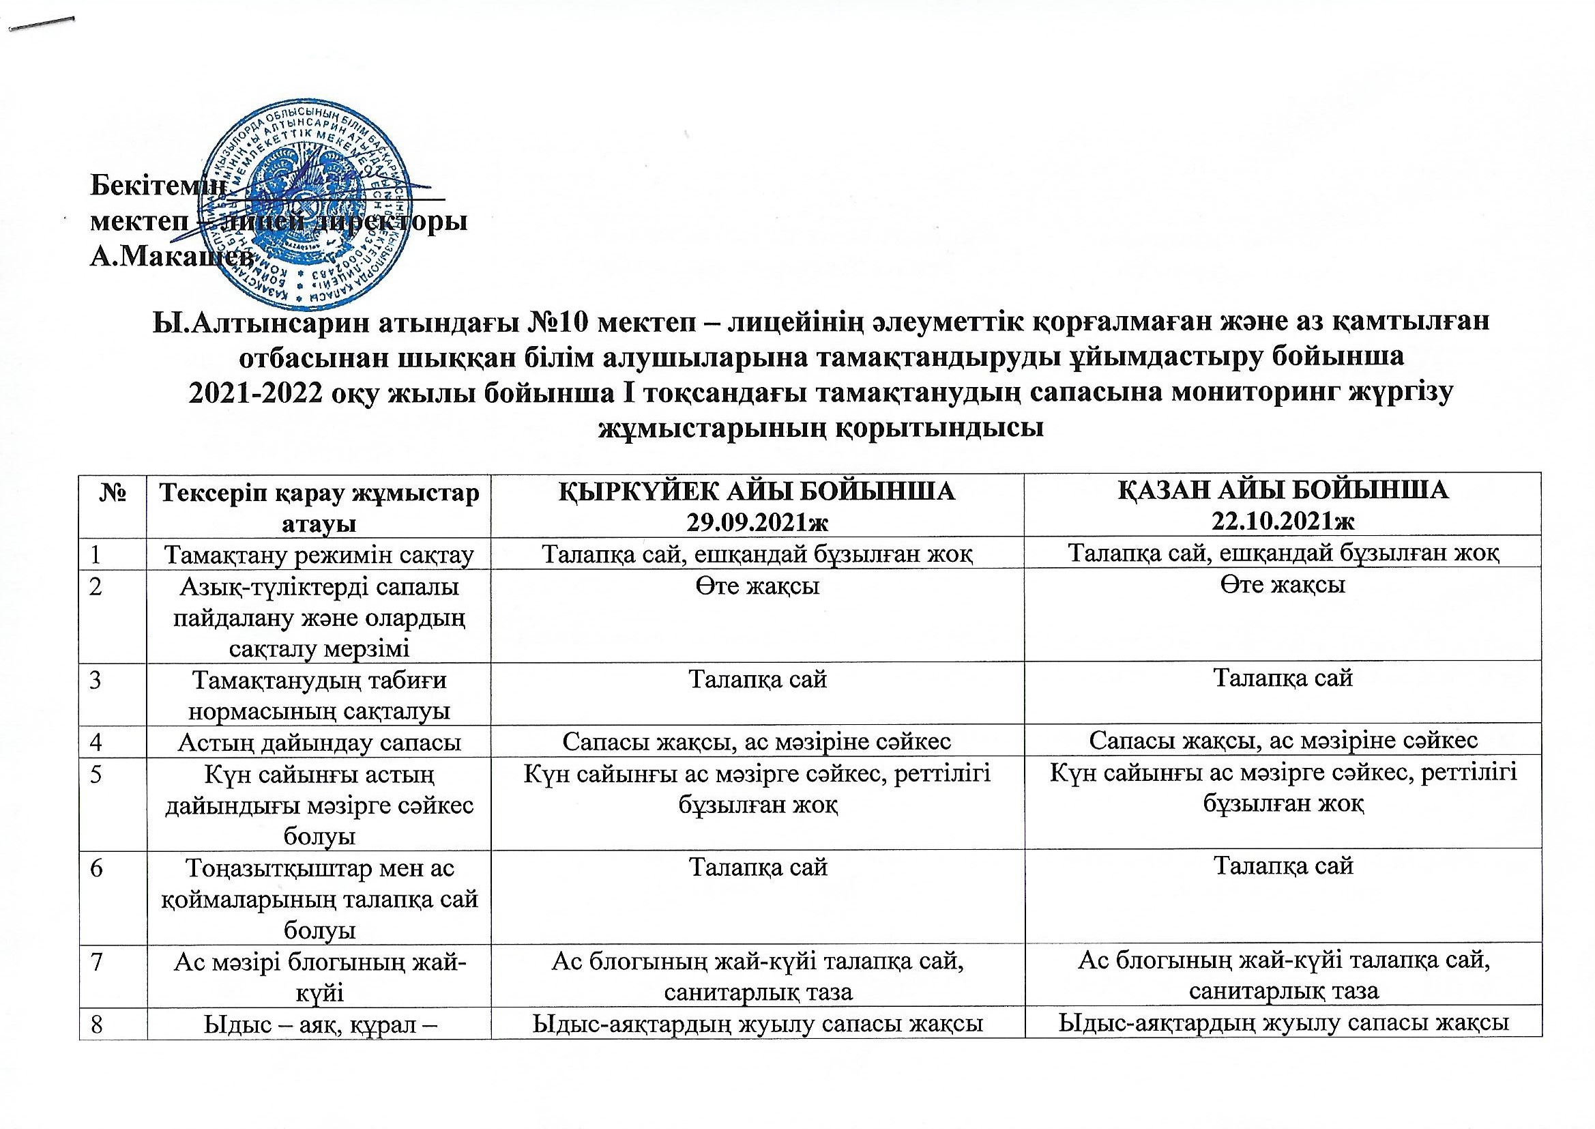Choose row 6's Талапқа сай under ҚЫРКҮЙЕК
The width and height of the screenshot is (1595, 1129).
(x=757, y=866)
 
